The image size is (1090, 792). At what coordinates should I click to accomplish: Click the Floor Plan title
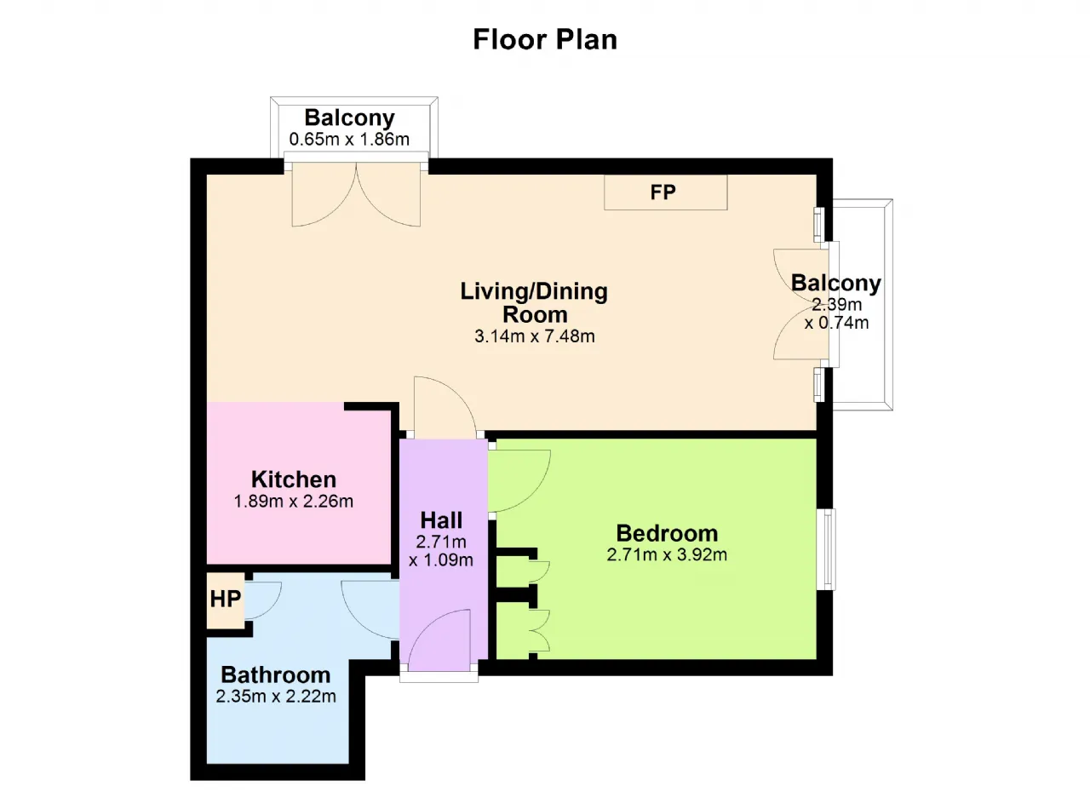pyautogui.click(x=545, y=39)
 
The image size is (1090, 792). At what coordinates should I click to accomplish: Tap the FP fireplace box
pyautogui.click(x=666, y=192)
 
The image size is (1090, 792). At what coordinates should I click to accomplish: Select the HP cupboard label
pyautogui.click(x=226, y=599)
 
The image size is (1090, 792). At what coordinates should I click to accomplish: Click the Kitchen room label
pyautogui.click(x=294, y=479)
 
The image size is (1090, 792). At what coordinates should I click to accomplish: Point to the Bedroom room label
pyautogui.click(x=667, y=534)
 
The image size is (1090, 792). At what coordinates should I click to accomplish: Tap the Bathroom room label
pyautogui.click(x=276, y=675)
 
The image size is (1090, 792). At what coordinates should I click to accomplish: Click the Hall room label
pyautogui.click(x=441, y=520)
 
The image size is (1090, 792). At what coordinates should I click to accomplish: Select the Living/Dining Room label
pyautogui.click(x=534, y=302)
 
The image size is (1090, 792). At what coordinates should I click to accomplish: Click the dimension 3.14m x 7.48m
pyautogui.click(x=535, y=336)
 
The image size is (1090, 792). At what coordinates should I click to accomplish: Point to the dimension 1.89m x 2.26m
pyautogui.click(x=294, y=501)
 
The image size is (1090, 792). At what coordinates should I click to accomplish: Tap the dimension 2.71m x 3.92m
pyautogui.click(x=667, y=554)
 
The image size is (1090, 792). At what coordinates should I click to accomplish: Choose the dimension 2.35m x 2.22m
pyautogui.click(x=276, y=697)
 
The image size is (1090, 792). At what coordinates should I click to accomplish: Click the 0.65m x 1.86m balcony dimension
pyautogui.click(x=349, y=140)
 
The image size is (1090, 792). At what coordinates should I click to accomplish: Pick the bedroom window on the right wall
pyautogui.click(x=826, y=549)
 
